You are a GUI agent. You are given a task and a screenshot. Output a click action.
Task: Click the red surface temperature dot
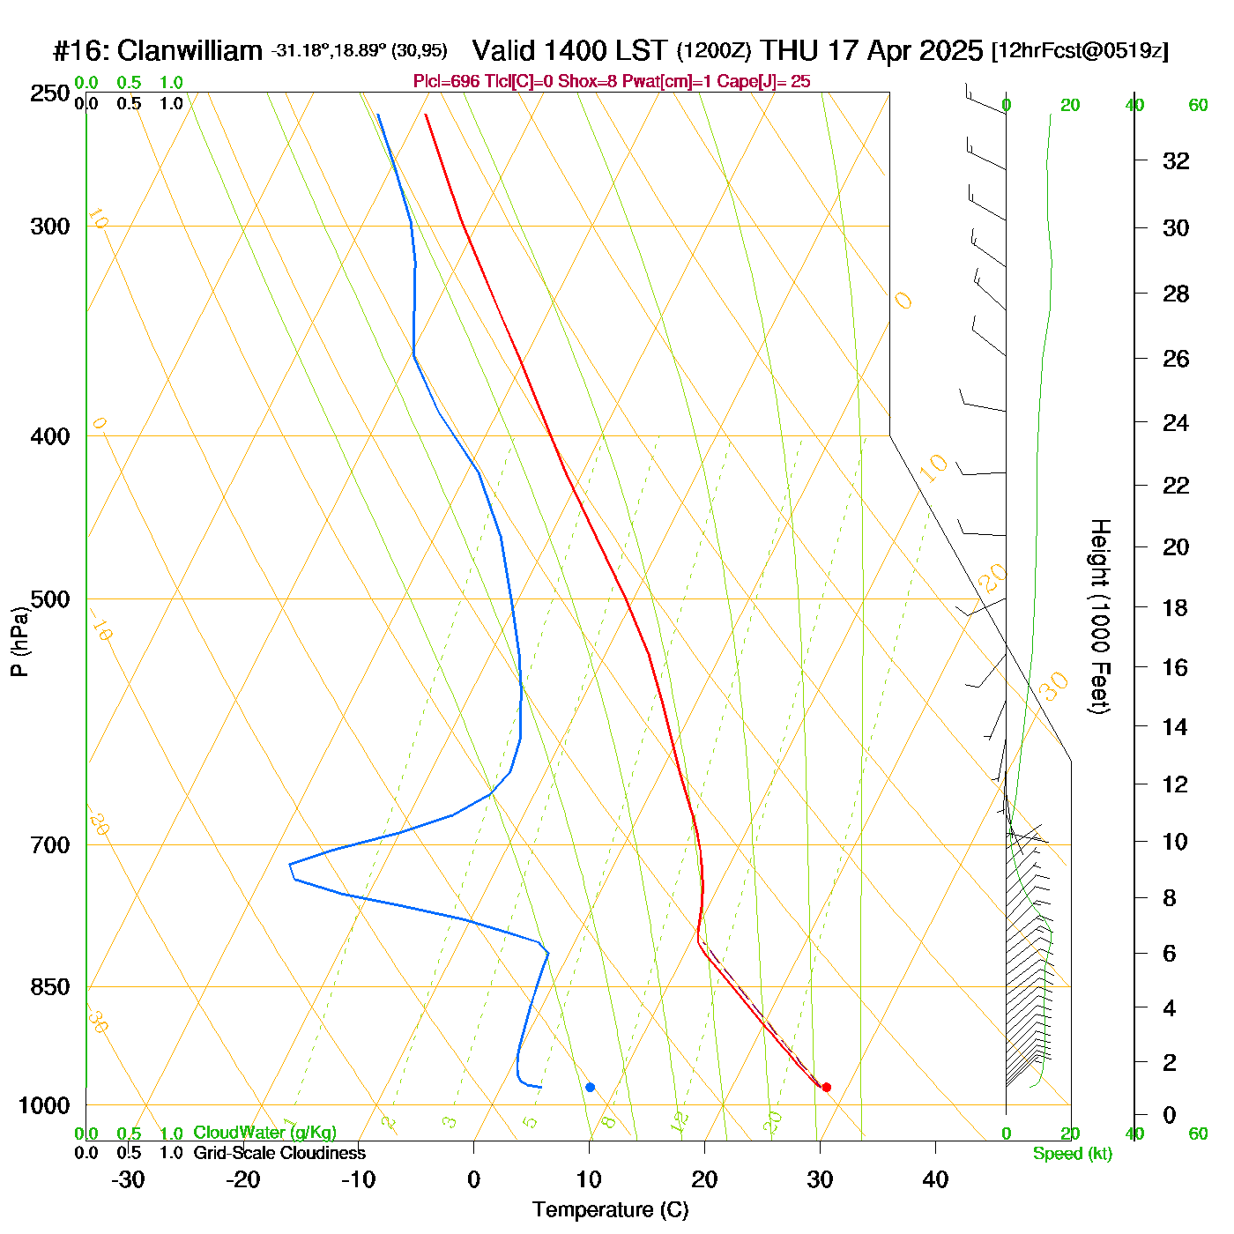click(826, 1087)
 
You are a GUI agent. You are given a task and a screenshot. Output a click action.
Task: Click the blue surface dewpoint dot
click(590, 1087)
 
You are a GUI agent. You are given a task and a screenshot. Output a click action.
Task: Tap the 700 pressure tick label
click(49, 845)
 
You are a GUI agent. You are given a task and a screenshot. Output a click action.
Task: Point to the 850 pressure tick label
click(49, 987)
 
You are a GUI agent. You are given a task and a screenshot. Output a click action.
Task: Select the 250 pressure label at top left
click(49, 93)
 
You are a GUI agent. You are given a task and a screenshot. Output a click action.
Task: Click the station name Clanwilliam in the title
click(190, 50)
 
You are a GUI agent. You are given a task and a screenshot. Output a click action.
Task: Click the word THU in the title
click(789, 50)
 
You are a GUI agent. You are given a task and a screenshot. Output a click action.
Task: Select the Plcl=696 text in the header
click(447, 82)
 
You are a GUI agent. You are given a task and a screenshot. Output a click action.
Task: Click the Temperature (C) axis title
click(610, 1209)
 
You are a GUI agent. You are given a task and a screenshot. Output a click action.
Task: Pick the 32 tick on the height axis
click(1176, 160)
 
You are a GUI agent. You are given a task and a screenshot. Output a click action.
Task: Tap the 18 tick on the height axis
click(1176, 607)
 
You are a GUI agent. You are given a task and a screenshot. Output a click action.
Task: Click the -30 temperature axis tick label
click(128, 1179)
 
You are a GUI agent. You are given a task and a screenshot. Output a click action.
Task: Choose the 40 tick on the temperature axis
click(935, 1179)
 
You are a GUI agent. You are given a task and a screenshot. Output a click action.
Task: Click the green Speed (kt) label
click(1072, 1154)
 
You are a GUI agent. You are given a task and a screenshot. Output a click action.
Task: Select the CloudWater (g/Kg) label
click(264, 1133)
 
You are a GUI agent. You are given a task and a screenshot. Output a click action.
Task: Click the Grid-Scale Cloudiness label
click(279, 1153)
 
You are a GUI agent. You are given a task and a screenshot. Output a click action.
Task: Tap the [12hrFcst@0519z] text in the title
click(1080, 50)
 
